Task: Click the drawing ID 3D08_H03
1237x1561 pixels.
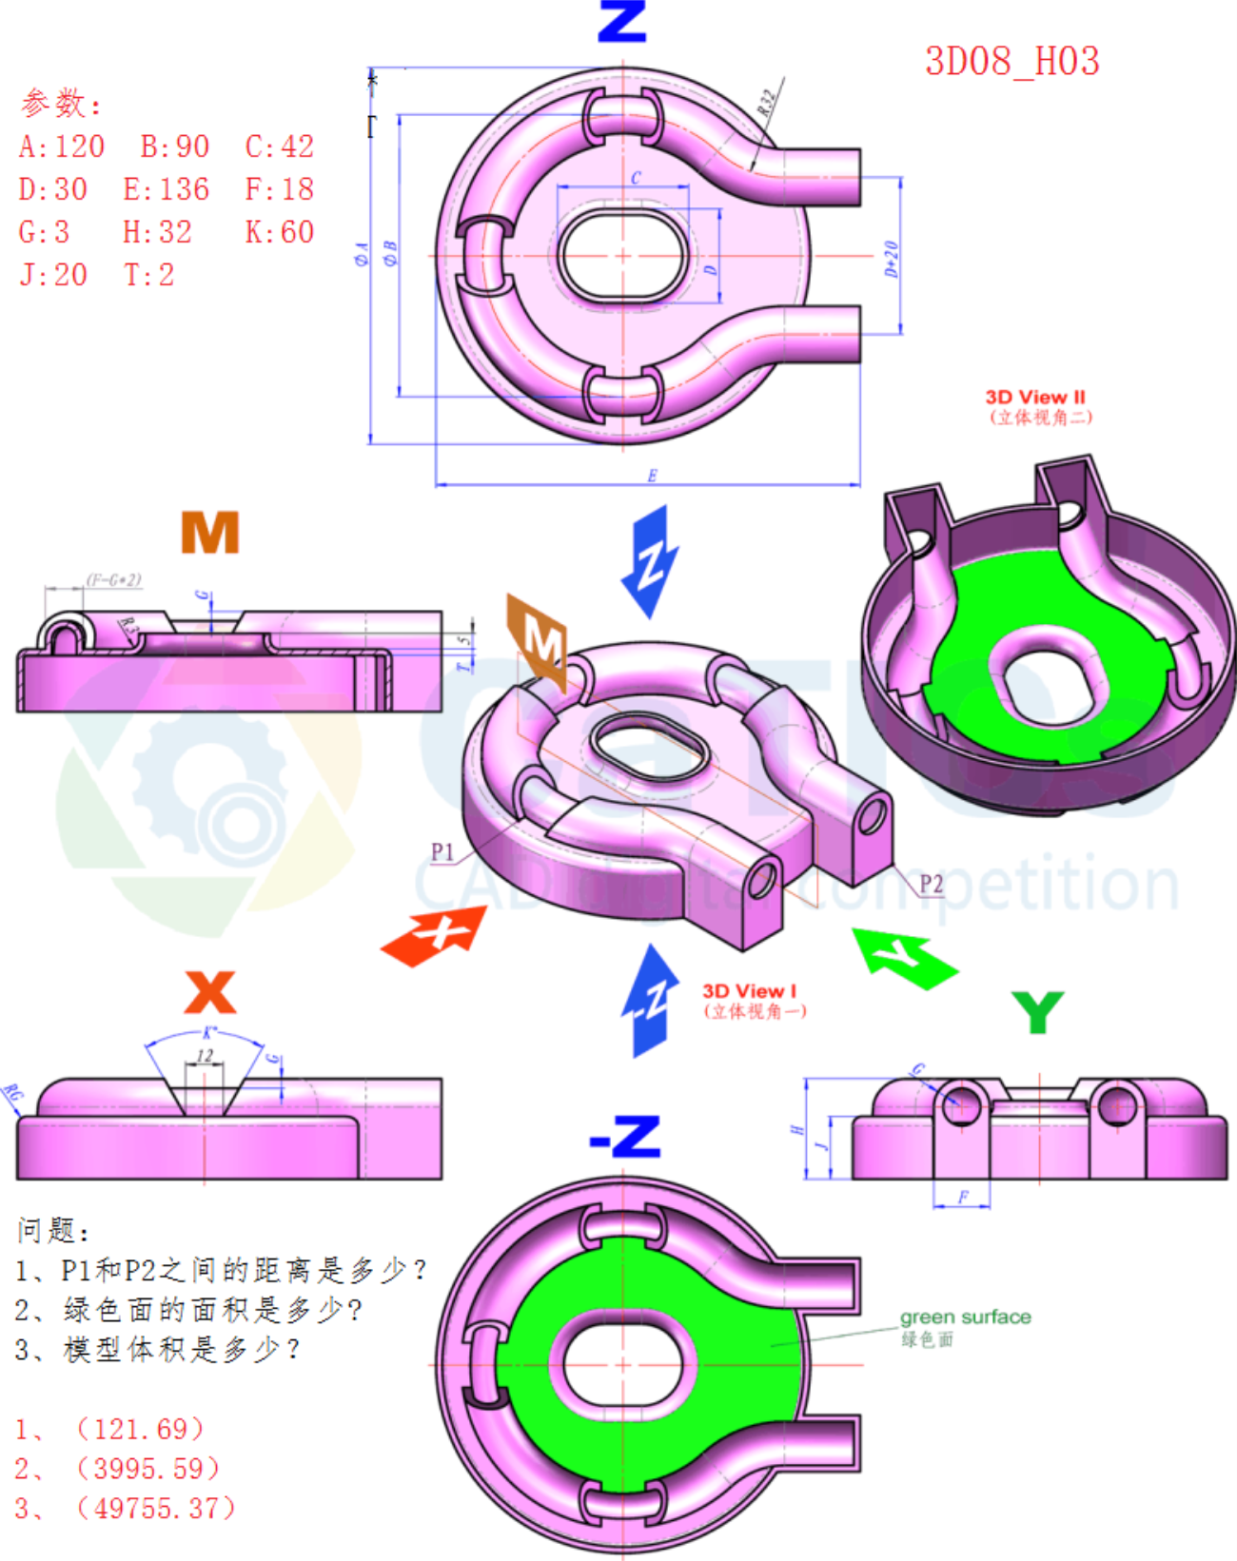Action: pos(1011,62)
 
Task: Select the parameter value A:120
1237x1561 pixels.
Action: pos(62,146)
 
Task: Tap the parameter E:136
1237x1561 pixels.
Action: pos(166,189)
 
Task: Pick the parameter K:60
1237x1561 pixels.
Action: pos(279,232)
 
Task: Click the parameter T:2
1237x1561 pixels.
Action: pos(149,275)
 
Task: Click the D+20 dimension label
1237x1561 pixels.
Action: pos(892,259)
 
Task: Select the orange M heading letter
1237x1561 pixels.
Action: pos(209,533)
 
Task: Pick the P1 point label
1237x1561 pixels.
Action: pos(442,851)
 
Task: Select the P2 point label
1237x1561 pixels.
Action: pos(931,884)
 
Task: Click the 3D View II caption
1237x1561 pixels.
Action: pos(1035,398)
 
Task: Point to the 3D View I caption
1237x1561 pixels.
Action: pos(749,991)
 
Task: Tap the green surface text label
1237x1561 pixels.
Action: pos(965,1317)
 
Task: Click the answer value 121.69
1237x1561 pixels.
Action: pos(140,1429)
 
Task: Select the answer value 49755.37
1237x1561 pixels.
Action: pos(155,1508)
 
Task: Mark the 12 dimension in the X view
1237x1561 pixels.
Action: pos(205,1055)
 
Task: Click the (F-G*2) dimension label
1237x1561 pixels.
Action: pos(114,579)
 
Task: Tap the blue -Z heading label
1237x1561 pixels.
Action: pos(624,1137)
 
